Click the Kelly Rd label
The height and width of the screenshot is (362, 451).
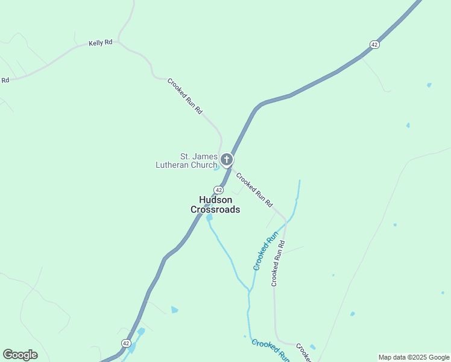click(101, 43)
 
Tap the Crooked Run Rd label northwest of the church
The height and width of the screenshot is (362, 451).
click(184, 96)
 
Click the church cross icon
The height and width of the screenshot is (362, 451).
click(227, 160)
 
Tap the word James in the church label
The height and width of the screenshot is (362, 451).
click(204, 156)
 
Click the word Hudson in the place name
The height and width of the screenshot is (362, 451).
click(215, 200)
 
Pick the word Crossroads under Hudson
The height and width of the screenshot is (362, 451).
click(215, 209)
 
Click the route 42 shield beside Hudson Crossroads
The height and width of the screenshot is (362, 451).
click(218, 189)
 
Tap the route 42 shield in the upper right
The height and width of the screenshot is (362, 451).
click(374, 45)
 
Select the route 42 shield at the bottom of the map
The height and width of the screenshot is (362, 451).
click(126, 343)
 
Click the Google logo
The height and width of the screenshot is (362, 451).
click(20, 355)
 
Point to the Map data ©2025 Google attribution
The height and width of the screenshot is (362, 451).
click(414, 357)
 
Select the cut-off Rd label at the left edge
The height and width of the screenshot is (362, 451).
click(5, 80)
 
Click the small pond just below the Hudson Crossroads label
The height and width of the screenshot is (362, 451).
click(209, 217)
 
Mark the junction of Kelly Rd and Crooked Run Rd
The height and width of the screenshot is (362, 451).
click(119, 42)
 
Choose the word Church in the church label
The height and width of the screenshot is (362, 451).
click(204, 165)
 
